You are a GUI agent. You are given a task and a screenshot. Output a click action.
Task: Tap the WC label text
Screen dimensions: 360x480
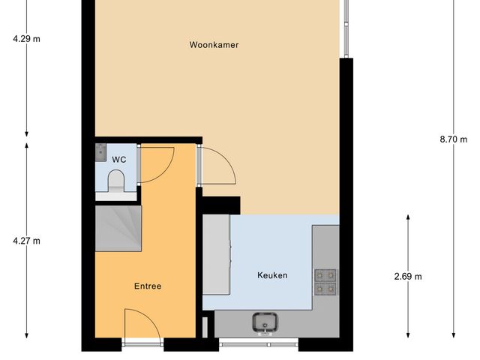point(118,160)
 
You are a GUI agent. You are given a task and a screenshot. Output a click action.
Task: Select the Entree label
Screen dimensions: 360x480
point(148,286)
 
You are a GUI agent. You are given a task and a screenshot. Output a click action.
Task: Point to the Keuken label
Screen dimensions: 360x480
point(272,275)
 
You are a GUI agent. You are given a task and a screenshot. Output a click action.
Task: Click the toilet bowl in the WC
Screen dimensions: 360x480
point(116,181)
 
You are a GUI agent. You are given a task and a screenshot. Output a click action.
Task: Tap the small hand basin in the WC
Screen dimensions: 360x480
point(101,152)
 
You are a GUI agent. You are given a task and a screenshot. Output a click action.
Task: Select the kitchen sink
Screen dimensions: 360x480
point(265,322)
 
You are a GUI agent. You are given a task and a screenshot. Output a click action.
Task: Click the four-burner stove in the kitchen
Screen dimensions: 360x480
point(325,280)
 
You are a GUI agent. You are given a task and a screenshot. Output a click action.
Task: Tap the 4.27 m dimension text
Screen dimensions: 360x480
point(26,241)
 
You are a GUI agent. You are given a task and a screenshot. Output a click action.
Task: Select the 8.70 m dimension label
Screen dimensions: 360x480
point(453,138)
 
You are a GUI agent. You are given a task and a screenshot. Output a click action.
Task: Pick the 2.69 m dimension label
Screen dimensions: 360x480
point(408,276)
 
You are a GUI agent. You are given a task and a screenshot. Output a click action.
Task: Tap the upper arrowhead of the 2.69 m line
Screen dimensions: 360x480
point(408,217)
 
